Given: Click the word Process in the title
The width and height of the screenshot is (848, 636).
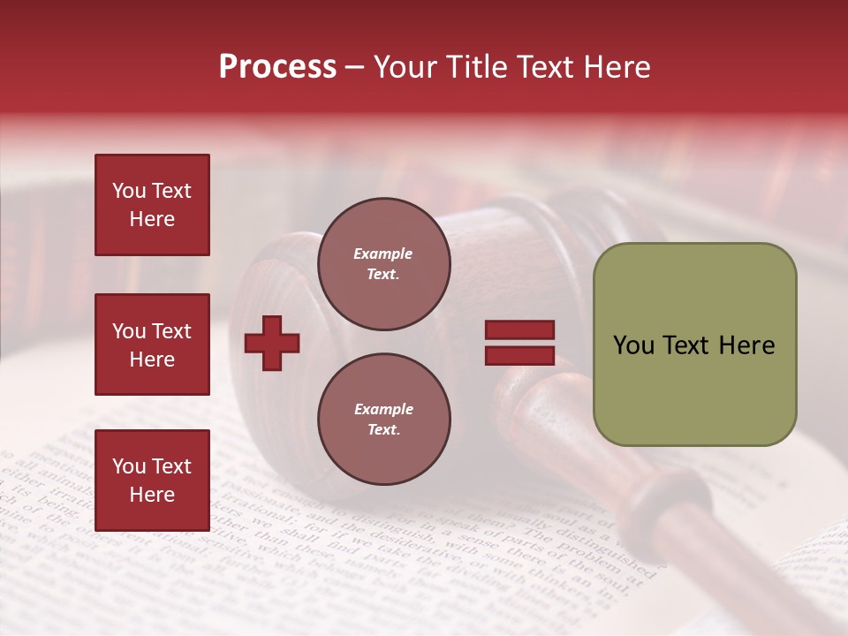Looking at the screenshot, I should pyautogui.click(x=277, y=67).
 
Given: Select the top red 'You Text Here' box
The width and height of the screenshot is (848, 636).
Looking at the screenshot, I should pyautogui.click(x=152, y=205).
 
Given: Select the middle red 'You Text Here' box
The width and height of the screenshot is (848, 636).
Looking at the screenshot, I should pyautogui.click(x=152, y=344).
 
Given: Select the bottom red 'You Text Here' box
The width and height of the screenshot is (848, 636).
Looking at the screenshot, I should pyautogui.click(x=152, y=481).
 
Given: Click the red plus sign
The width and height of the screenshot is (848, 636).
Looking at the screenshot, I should pyautogui.click(x=272, y=343).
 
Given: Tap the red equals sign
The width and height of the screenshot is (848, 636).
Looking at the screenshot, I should pyautogui.click(x=519, y=343).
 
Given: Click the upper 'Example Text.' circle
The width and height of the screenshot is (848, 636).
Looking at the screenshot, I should pyautogui.click(x=384, y=264).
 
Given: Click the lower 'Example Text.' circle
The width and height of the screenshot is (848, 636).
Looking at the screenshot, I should pyautogui.click(x=384, y=420).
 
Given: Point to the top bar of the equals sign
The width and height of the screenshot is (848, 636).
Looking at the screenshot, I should pyautogui.click(x=519, y=330).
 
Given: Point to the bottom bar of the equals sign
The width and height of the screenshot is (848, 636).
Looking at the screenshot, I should pyautogui.click(x=519, y=356).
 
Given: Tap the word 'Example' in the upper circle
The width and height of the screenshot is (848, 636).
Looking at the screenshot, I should pyautogui.click(x=383, y=254).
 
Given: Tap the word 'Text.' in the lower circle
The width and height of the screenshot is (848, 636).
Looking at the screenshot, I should pyautogui.click(x=383, y=430).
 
